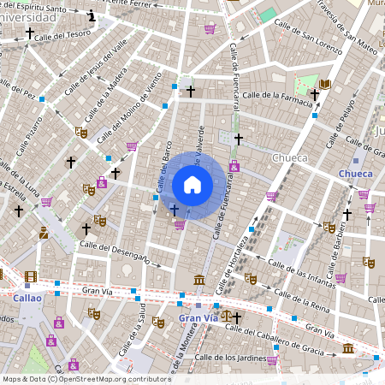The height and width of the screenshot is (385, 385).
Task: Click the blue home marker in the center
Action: click(x=192, y=185)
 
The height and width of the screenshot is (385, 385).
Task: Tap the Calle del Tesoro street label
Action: click(x=64, y=35)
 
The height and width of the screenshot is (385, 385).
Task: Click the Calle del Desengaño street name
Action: click(x=115, y=252)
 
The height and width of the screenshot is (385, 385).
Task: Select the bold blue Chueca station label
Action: click(x=355, y=174)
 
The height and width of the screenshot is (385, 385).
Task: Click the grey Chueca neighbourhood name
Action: click(x=288, y=158)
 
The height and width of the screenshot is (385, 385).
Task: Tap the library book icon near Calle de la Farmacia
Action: click(x=326, y=84)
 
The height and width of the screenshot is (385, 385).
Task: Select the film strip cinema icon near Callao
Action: click(x=31, y=276)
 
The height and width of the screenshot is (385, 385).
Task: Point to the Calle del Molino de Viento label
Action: click(x=129, y=107)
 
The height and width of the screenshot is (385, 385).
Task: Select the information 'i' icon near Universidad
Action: click(x=92, y=15)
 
